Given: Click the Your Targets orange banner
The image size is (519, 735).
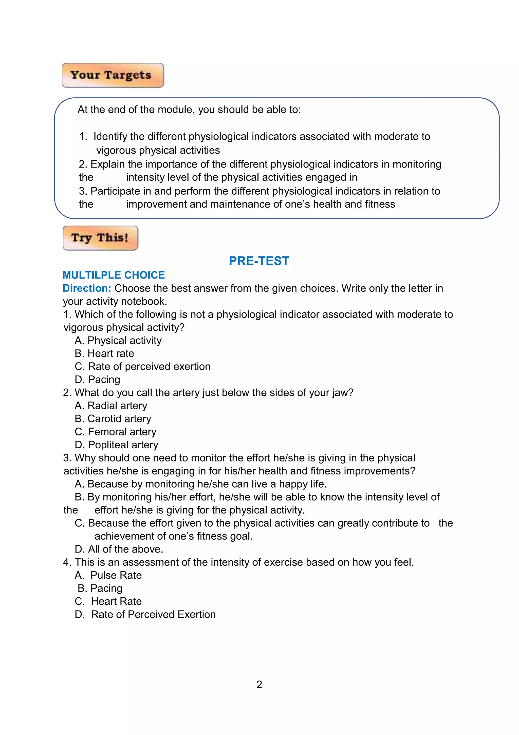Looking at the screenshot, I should [x=113, y=75].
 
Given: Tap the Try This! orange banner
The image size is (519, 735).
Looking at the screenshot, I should [x=100, y=238].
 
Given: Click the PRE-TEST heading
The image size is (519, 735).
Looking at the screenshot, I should [x=259, y=261].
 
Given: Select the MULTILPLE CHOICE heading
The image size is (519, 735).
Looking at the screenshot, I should [x=114, y=275].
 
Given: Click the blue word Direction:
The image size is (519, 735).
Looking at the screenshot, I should [x=86, y=288].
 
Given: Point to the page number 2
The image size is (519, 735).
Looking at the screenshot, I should [x=259, y=684].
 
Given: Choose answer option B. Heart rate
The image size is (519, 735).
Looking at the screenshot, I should [x=104, y=353].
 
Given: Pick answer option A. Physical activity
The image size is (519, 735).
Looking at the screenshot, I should [x=118, y=340].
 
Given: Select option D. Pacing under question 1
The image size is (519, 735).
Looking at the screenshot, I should [x=97, y=379].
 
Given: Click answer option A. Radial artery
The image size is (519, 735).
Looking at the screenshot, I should [x=111, y=406].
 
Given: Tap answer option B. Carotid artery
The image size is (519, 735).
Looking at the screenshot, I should [x=113, y=419].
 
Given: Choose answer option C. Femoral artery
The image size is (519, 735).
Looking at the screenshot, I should [x=115, y=432].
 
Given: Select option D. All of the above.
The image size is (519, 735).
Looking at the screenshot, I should [x=119, y=549].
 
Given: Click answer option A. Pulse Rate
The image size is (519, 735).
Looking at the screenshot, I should [x=108, y=575].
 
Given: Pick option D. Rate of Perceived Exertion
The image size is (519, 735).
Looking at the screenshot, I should [x=145, y=614].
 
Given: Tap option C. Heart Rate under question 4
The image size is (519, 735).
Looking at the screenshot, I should [x=108, y=601].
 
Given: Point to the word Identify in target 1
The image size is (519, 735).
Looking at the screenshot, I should [x=110, y=137].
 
